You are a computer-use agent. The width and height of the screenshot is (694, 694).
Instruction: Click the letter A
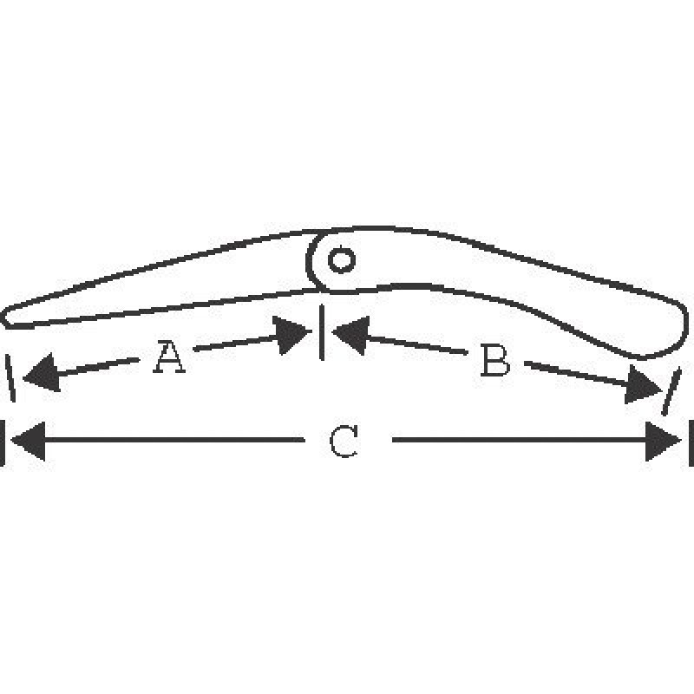169,357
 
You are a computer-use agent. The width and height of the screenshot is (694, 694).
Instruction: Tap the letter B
495,361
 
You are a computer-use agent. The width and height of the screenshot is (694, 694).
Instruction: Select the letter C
344,441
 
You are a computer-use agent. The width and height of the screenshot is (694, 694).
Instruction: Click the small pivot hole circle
341,259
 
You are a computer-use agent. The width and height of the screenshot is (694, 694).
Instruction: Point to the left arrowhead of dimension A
42,372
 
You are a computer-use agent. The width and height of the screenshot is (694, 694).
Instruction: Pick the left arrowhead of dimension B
351,335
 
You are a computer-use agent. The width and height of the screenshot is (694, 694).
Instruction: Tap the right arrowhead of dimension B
643,384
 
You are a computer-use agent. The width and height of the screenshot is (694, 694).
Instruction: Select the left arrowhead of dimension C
28,441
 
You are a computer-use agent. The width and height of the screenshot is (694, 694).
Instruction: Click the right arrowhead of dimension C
664,441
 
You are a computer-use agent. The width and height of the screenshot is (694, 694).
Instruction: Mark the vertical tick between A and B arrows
322,332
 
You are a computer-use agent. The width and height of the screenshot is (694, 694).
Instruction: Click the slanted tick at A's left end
10,378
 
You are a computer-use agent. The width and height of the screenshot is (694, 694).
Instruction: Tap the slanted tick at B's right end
671,391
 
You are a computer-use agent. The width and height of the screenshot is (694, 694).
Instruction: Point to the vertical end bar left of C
2,442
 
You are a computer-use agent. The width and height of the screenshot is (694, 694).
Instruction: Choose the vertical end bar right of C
691,442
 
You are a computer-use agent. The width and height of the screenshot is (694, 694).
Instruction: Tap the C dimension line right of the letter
519,440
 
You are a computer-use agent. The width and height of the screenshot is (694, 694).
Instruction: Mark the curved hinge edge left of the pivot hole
312,261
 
